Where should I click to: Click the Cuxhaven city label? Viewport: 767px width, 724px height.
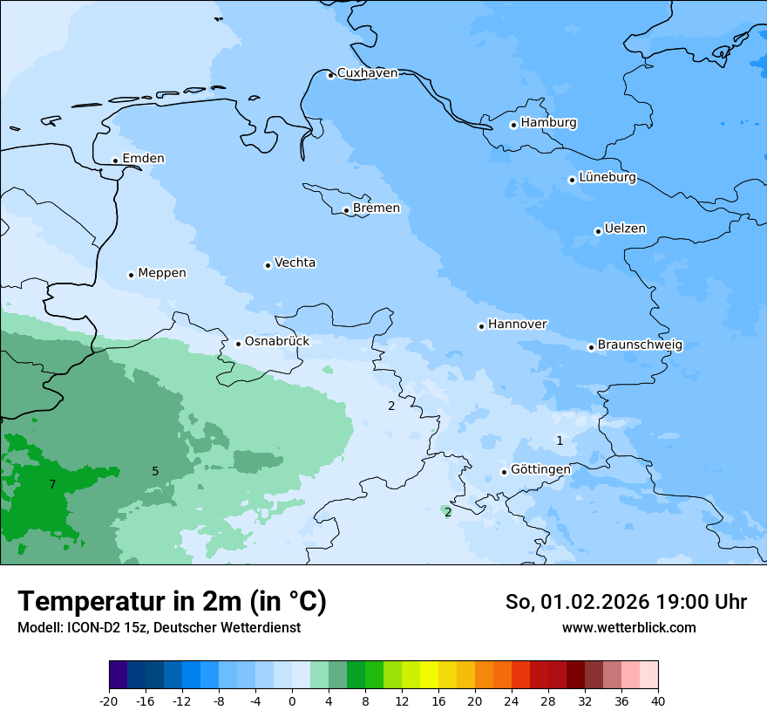pos(367,73)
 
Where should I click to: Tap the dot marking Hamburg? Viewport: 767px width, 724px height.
pos(513,125)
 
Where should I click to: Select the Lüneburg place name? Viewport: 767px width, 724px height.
pos(607,178)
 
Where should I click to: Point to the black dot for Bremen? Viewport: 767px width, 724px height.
pos(346,210)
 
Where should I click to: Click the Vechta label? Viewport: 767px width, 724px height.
pos(295,263)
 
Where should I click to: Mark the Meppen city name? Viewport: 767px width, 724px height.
pos(162,273)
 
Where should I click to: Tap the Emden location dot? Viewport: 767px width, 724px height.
pos(115,161)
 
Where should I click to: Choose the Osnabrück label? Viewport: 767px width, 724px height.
pos(277,341)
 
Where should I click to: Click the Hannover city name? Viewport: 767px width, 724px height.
pos(517,324)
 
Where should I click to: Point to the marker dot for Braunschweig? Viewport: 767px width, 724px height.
pos(591,347)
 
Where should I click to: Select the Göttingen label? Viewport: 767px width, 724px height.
pos(540,469)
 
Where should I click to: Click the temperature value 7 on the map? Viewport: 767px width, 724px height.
pos(52,484)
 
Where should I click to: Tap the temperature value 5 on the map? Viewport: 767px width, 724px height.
pos(155,472)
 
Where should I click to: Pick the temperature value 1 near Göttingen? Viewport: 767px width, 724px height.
pos(560,441)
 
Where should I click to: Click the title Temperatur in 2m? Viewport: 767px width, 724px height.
pos(172,602)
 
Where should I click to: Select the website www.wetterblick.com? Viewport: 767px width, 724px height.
pos(628,627)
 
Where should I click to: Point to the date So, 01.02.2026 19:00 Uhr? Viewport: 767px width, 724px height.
pos(625,602)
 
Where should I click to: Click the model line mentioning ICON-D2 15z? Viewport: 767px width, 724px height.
pos(159,627)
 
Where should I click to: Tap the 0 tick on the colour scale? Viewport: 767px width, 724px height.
pos(292,701)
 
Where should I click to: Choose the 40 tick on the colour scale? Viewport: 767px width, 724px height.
pos(657,701)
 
